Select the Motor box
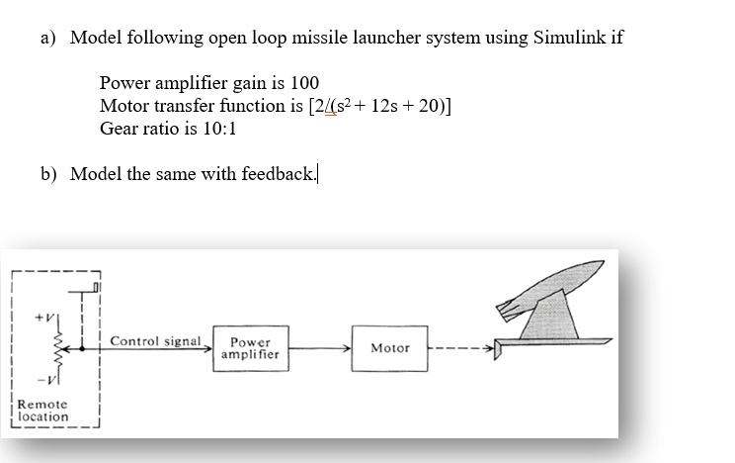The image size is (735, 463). point(389,349)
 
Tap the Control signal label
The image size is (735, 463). point(155,341)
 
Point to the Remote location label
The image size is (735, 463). point(43,410)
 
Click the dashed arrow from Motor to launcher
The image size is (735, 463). point(464,348)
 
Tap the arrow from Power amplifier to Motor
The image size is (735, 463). point(317,348)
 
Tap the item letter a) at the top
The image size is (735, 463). point(49,39)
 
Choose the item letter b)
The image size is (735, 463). point(49,174)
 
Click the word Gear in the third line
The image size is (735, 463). point(119,129)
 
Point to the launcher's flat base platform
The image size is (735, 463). point(553,344)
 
